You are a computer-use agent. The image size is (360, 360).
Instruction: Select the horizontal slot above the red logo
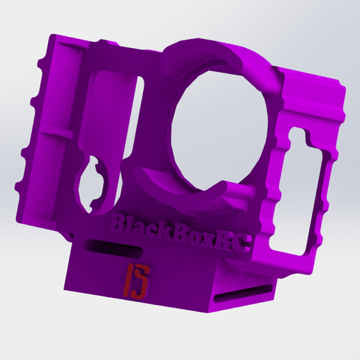[114, 249]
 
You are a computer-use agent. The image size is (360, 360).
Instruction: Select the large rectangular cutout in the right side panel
[301, 193]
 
